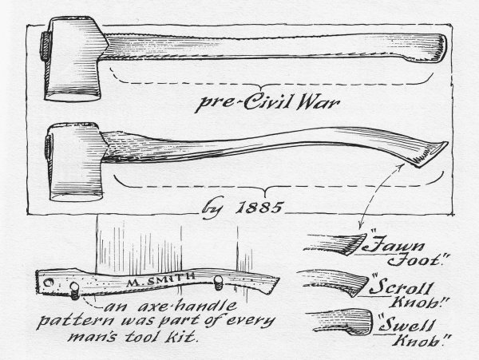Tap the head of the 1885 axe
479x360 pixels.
coord(75,162)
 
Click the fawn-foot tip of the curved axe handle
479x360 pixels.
coord(431,154)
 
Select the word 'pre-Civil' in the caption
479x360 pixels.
coord(243,103)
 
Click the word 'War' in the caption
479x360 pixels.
coord(318,102)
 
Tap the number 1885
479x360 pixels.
coord(259,208)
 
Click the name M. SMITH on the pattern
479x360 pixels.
coord(161,279)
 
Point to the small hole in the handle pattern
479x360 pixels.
coord(48,283)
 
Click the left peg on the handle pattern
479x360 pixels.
coord(75,291)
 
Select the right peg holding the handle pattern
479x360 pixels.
coord(218,282)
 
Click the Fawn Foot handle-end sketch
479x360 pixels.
coord(336,243)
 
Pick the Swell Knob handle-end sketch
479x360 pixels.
coord(341,322)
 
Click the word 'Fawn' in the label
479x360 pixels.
coord(394,245)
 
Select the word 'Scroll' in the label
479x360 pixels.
coord(402,287)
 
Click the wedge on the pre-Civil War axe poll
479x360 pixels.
coord(46,45)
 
